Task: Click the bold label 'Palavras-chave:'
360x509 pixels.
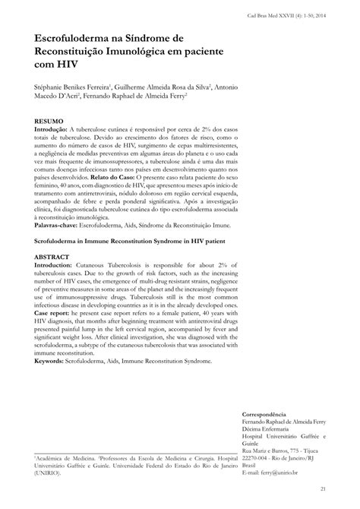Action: (x=57, y=225)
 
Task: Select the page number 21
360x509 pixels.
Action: (x=322, y=488)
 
